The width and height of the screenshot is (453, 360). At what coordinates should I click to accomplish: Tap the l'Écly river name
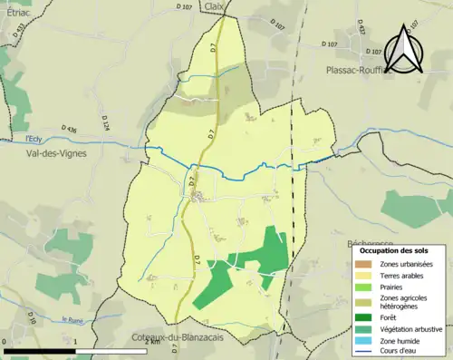(34, 139)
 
